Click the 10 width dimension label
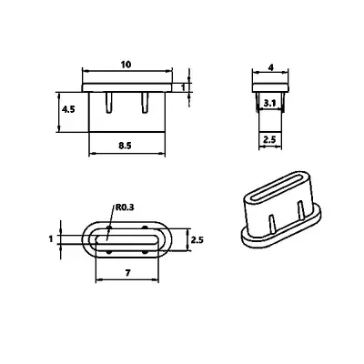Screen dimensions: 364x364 coord(126,65)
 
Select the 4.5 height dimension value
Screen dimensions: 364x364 coord(68,109)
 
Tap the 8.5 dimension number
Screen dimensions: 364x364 coord(125,146)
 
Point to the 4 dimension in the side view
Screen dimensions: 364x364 coord(271,67)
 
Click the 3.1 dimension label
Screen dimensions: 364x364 coord(269,104)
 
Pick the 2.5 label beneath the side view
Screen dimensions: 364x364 coord(269,140)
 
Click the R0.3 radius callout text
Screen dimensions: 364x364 coord(125,207)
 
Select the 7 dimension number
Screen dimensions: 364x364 coord(127,273)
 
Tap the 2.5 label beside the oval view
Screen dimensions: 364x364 coord(197,240)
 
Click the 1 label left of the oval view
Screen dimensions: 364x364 coord(51,239)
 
